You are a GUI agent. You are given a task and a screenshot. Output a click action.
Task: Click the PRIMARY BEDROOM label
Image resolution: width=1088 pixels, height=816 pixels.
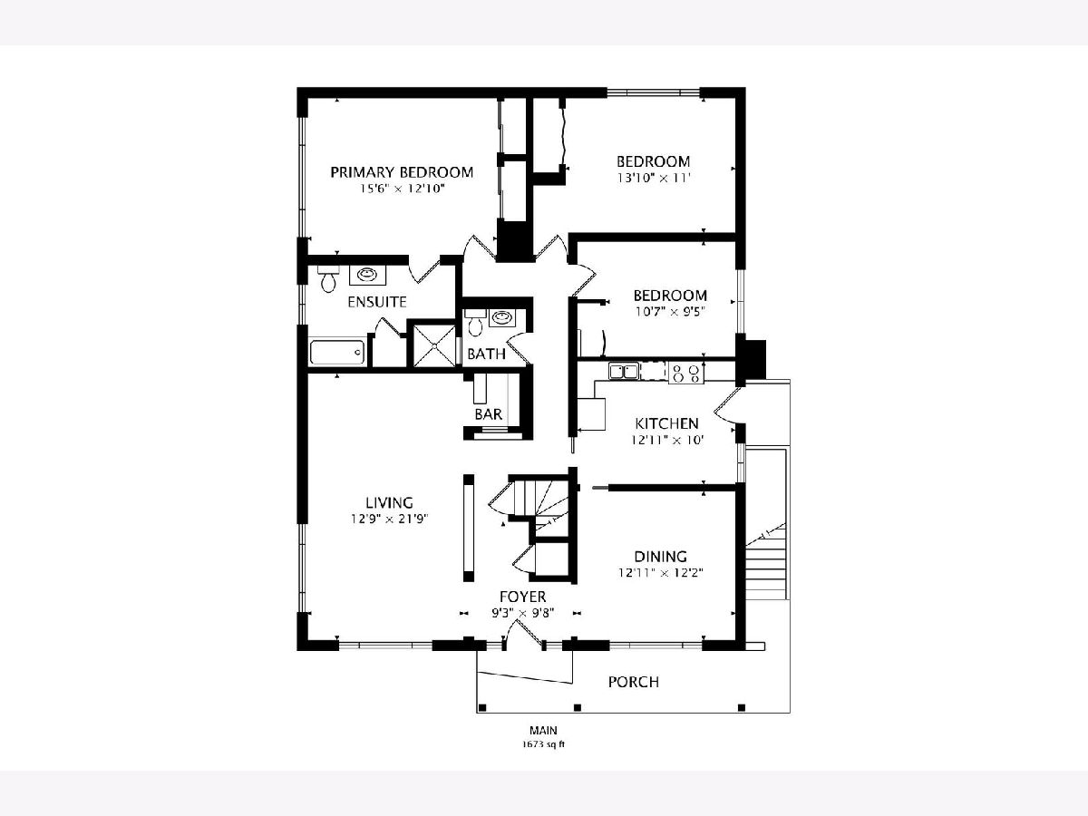(x=402, y=172)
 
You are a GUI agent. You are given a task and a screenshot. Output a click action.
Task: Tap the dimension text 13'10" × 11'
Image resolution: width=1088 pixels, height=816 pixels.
(x=654, y=178)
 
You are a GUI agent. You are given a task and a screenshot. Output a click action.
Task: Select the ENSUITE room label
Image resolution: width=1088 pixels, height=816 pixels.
(x=376, y=302)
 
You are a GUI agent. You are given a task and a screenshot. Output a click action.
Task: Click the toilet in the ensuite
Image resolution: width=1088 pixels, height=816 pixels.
(x=327, y=279)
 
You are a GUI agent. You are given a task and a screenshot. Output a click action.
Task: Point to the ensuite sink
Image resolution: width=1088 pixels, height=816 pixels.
(x=367, y=275)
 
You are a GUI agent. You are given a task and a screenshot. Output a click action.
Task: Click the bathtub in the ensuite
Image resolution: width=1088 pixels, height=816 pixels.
(x=337, y=352)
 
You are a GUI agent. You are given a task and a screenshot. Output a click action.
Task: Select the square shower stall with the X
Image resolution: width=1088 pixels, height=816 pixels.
(x=434, y=345)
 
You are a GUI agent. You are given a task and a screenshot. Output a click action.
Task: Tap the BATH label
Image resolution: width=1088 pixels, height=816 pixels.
(x=486, y=354)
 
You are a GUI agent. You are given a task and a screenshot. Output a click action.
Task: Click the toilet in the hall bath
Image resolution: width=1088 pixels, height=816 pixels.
(x=475, y=322)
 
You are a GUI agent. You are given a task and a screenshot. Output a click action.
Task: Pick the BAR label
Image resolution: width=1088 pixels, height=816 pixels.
(x=488, y=413)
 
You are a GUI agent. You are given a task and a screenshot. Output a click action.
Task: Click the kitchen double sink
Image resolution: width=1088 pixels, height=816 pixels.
(x=624, y=371)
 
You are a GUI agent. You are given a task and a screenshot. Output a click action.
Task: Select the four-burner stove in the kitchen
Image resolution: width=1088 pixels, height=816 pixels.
(x=686, y=373)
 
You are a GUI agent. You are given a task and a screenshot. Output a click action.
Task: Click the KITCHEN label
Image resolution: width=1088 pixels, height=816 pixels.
(x=666, y=423)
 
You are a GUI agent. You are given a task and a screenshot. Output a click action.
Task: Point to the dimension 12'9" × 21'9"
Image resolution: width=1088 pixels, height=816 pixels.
(x=389, y=520)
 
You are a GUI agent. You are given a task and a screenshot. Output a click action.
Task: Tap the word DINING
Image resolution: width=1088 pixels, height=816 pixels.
(x=661, y=557)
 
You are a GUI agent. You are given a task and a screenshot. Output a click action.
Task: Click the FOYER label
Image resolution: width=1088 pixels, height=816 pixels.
(x=522, y=597)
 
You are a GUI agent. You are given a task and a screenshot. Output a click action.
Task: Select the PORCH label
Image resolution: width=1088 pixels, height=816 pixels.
(x=634, y=682)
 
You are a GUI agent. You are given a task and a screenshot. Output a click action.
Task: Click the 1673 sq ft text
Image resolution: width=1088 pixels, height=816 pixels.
(x=543, y=744)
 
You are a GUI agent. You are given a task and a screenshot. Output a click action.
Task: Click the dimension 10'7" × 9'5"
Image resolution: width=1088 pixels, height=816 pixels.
(x=670, y=312)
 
